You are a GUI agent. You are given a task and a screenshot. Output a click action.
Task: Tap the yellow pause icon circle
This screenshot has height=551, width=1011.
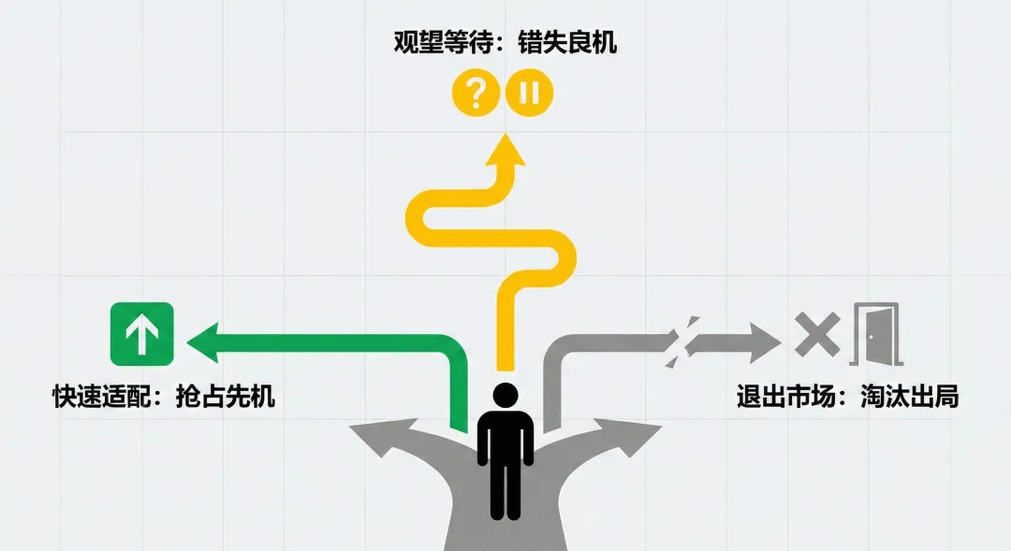[530, 93]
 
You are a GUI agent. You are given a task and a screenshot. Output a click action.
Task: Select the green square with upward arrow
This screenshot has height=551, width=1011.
[142, 334]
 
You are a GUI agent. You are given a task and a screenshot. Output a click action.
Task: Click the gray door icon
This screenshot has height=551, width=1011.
[875, 334]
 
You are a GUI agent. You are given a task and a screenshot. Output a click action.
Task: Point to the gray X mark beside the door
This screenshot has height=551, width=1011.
[817, 335]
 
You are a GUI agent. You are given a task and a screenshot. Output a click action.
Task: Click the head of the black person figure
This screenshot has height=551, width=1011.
[505, 397]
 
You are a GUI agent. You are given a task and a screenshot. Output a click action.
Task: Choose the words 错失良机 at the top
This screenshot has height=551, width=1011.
[567, 44]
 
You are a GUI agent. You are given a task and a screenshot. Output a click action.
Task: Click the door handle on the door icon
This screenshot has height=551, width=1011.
[871, 338]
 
